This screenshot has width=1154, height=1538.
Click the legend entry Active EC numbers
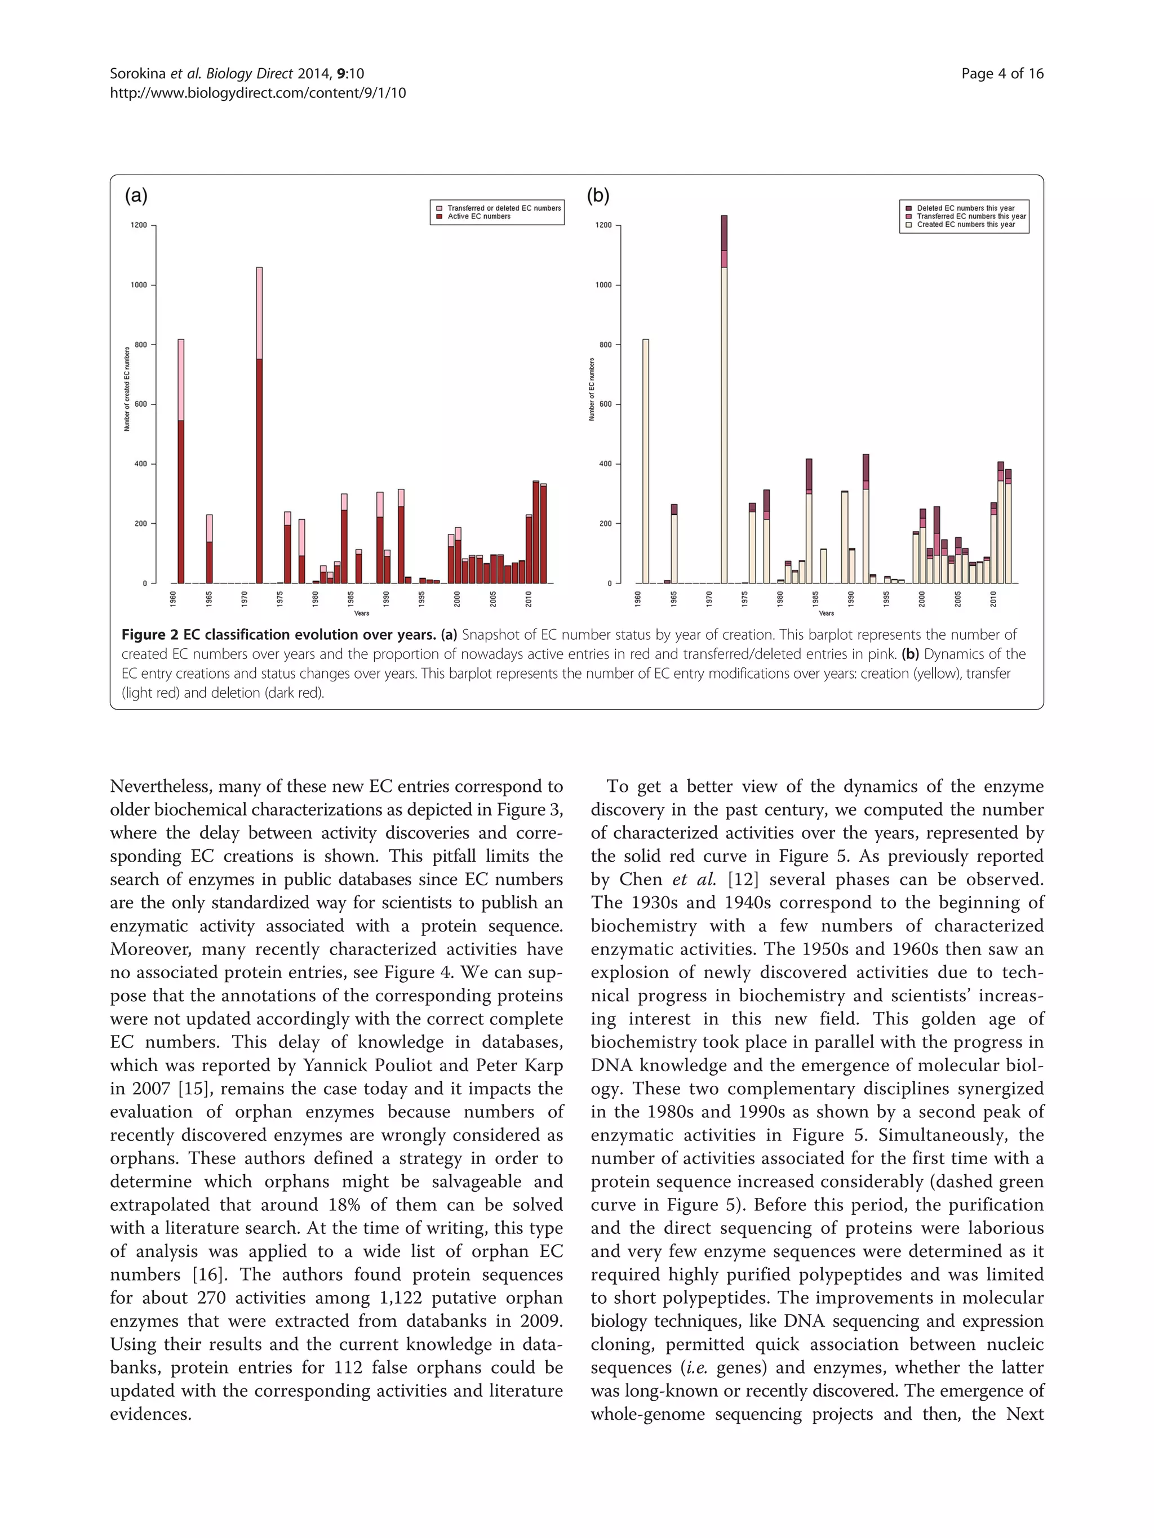(x=478, y=217)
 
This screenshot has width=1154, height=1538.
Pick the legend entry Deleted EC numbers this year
(x=965, y=208)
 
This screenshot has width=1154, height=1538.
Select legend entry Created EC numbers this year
(x=965, y=225)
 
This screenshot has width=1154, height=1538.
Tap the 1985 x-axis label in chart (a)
(x=350, y=599)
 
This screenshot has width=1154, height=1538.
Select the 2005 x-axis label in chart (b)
(x=958, y=599)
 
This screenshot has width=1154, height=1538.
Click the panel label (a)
(x=136, y=196)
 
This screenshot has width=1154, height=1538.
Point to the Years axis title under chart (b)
(x=825, y=613)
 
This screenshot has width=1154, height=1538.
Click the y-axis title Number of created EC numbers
(x=127, y=389)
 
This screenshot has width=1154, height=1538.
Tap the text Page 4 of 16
(x=1002, y=74)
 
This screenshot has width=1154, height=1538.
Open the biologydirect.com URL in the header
(x=258, y=92)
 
